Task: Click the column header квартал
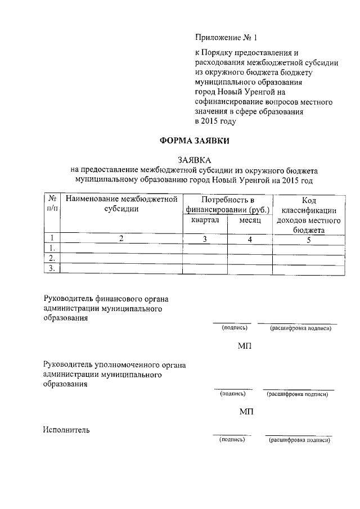(205, 220)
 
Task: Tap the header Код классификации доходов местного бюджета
(309, 214)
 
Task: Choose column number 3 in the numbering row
(205, 238)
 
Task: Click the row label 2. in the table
(52, 258)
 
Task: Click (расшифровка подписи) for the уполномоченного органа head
(298, 394)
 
